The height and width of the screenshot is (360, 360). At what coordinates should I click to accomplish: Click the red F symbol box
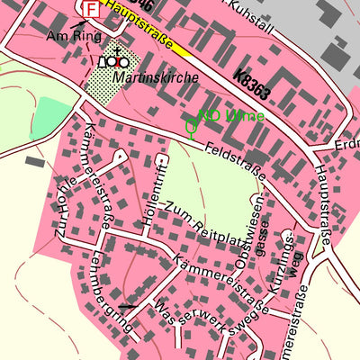click(x=90, y=8)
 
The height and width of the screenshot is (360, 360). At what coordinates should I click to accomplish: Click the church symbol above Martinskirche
click(x=114, y=60)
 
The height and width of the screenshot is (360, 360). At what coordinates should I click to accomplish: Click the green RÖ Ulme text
click(x=231, y=116)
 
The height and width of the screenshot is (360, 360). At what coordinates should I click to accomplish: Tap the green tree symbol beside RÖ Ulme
click(x=191, y=127)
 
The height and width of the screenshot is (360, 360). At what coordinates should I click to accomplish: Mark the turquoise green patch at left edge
click(x=54, y=118)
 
